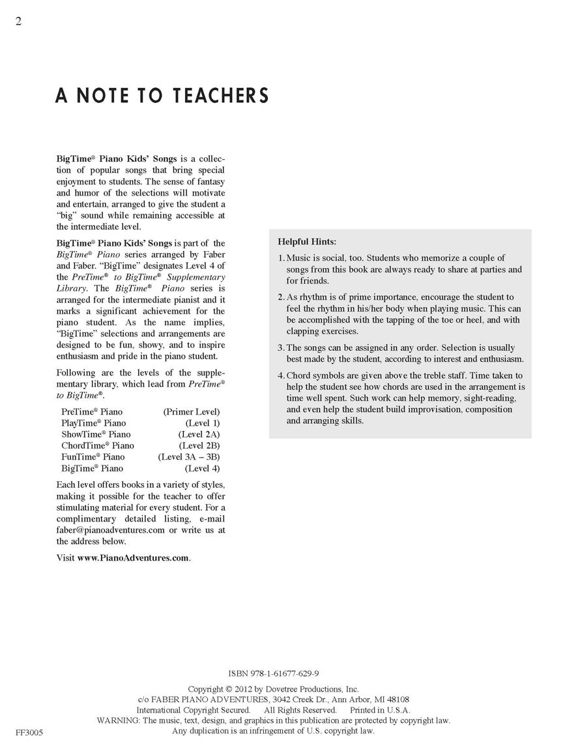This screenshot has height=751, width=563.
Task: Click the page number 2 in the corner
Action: (19, 22)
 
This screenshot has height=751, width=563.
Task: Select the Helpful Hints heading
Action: (307, 241)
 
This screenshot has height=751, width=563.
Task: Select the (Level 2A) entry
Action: (199, 434)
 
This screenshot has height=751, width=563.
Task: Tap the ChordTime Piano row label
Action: (98, 445)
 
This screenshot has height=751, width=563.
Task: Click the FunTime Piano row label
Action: (93, 457)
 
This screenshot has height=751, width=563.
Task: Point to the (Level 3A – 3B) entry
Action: (189, 457)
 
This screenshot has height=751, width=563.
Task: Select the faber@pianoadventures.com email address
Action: (110, 530)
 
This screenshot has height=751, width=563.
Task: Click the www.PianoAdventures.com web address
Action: (133, 558)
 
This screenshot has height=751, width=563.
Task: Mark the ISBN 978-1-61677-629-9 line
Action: (274, 674)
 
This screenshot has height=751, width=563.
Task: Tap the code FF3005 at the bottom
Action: (29, 733)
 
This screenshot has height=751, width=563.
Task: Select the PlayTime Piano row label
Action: (94, 423)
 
